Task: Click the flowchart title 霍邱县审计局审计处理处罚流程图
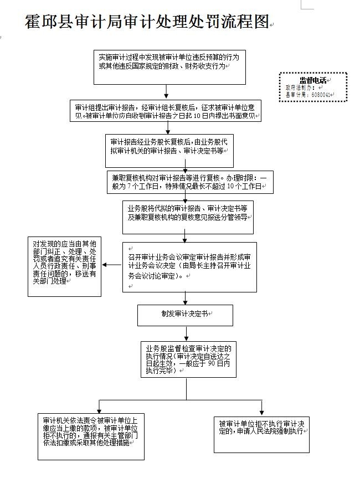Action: pos(147,22)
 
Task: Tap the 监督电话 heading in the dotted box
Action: pos(313,80)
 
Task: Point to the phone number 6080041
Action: pos(321,95)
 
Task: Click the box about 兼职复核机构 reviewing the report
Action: pos(190,182)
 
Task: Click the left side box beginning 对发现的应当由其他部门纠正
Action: pos(64,266)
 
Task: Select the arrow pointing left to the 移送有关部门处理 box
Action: pos(111,265)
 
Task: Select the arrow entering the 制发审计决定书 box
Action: pos(187,299)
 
